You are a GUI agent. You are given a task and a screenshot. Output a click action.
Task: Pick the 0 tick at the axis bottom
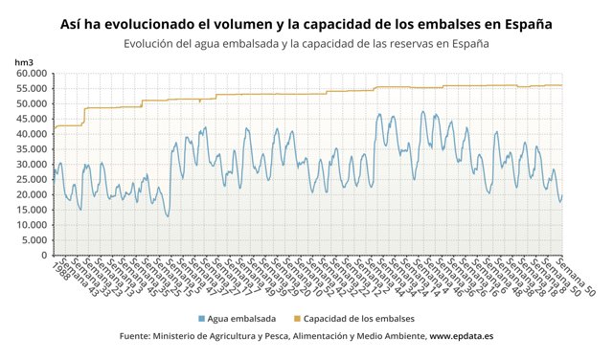(x=43, y=256)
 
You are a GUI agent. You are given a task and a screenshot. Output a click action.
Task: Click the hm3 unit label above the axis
(x=24, y=61)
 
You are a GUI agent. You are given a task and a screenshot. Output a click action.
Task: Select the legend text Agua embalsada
(x=241, y=318)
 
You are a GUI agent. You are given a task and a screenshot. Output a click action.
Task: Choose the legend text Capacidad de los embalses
(x=361, y=318)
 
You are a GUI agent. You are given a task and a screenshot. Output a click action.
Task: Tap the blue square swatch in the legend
(x=201, y=318)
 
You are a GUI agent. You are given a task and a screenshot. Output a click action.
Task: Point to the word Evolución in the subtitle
(x=154, y=43)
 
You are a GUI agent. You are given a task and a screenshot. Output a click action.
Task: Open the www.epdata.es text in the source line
(x=462, y=337)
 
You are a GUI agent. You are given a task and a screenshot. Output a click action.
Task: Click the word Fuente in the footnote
(x=139, y=337)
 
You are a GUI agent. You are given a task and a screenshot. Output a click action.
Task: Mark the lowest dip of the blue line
(x=168, y=216)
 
